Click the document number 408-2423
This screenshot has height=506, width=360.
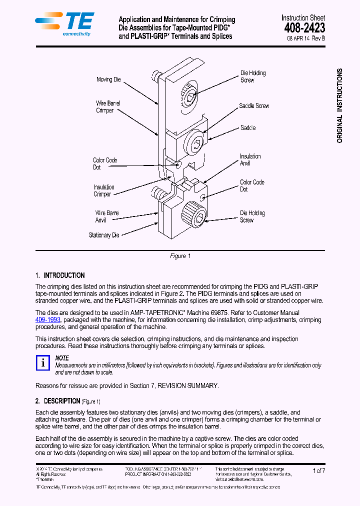[x=303, y=28]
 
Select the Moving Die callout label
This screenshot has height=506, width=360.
[x=108, y=79]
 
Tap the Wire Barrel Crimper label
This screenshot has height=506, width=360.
[x=108, y=106]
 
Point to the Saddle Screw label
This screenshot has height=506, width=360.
[x=254, y=106]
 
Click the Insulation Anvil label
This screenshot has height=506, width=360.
[x=250, y=160]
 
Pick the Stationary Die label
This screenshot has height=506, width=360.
[x=104, y=235]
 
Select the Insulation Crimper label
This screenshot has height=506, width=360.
[x=103, y=190]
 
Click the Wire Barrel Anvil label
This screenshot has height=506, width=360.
[x=107, y=216]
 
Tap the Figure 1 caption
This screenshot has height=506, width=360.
[x=180, y=256]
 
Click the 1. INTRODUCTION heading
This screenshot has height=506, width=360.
[x=60, y=275]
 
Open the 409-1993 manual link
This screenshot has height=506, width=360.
[x=48, y=319]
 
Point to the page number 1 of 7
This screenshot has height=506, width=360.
[x=318, y=470]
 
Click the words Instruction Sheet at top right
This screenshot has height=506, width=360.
[x=303, y=17]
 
